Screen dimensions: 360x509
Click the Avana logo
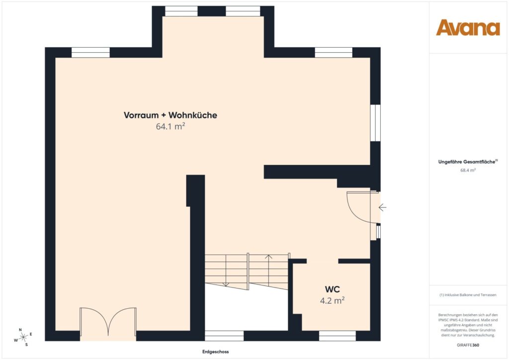(468, 28)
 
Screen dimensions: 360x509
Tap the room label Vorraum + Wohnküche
(170, 115)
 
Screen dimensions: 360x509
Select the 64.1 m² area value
(170, 127)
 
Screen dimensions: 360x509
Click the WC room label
(333, 289)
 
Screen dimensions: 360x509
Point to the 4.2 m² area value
(333, 300)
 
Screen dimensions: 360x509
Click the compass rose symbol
(23, 337)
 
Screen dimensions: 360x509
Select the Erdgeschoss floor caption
(215, 352)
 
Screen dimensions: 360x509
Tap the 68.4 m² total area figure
(468, 170)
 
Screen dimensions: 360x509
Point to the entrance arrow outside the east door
(382, 207)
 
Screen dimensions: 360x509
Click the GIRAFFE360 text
(468, 345)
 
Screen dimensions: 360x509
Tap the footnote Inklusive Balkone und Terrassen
(468, 295)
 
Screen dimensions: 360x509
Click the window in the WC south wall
(338, 336)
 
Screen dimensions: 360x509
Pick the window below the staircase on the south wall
(224, 336)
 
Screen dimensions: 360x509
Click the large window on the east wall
(375, 123)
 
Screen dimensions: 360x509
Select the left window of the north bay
(181, 11)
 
